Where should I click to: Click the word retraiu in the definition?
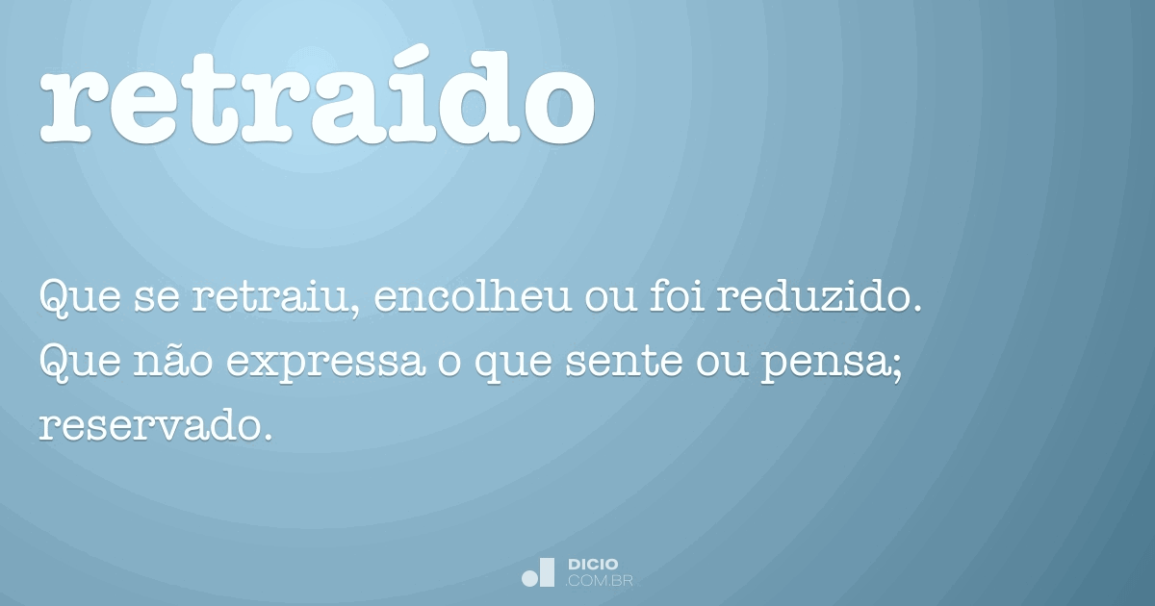click(270, 297)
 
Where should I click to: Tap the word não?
click(173, 361)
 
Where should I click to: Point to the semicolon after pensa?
click(898, 366)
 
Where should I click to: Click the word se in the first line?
click(157, 300)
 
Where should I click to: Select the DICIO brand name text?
click(593, 565)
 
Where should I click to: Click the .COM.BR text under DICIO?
click(599, 581)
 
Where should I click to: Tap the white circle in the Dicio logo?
click(529, 579)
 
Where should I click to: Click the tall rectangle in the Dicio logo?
click(547, 572)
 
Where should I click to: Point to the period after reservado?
click(268, 438)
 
